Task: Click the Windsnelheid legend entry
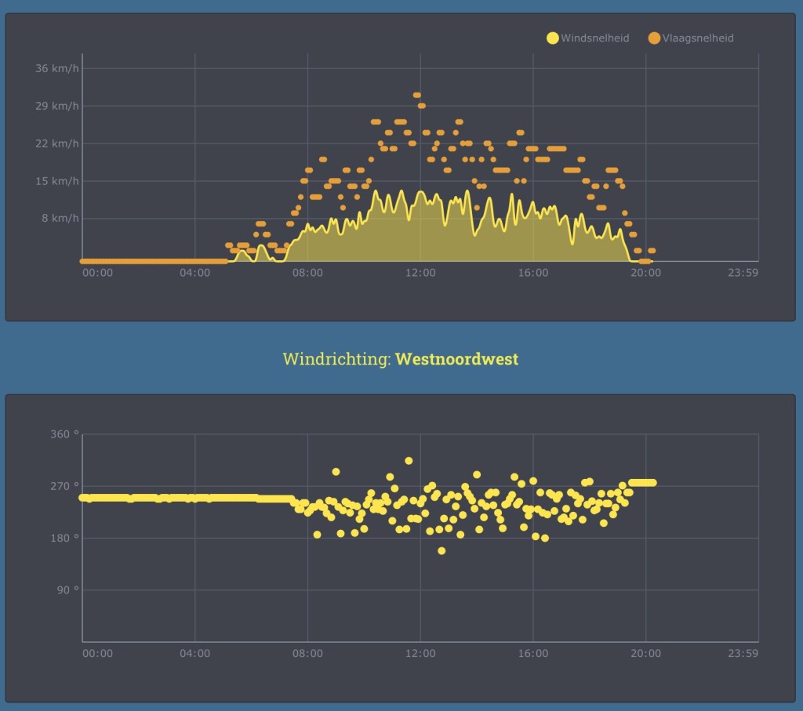pyautogui.click(x=588, y=38)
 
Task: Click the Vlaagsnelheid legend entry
pyautogui.click(x=691, y=38)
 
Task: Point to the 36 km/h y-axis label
pyautogui.click(x=56, y=68)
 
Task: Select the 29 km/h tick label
pyautogui.click(x=56, y=106)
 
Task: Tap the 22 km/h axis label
pyautogui.click(x=56, y=143)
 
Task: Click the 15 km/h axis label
pyautogui.click(x=56, y=181)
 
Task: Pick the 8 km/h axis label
pyautogui.click(x=60, y=218)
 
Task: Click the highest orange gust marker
pyautogui.click(x=417, y=95)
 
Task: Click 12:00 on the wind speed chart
pyautogui.click(x=420, y=273)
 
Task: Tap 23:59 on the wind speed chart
pyautogui.click(x=743, y=273)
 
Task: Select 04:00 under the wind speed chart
pyautogui.click(x=194, y=273)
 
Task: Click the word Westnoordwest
pyautogui.click(x=457, y=359)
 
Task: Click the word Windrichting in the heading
pyautogui.click(x=336, y=359)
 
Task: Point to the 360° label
pyautogui.click(x=64, y=434)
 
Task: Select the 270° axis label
pyautogui.click(x=64, y=486)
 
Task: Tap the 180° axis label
pyautogui.click(x=64, y=538)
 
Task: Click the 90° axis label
pyautogui.click(x=67, y=589)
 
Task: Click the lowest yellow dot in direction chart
pyautogui.click(x=441, y=551)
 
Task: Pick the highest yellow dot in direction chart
pyautogui.click(x=409, y=461)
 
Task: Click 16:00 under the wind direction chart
pyautogui.click(x=533, y=654)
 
